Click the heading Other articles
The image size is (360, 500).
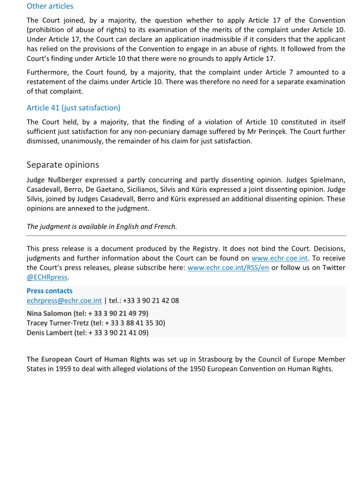click(x=50, y=7)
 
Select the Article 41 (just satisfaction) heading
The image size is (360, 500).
click(x=73, y=108)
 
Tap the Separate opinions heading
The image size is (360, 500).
click(x=62, y=164)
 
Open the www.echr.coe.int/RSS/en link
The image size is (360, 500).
click(x=228, y=268)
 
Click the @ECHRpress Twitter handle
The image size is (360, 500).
click(x=47, y=277)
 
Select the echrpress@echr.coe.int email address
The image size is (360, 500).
click(x=64, y=301)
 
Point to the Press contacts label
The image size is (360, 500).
click(x=49, y=291)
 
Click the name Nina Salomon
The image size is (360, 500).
click(x=49, y=313)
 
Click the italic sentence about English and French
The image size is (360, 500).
click(x=102, y=226)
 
